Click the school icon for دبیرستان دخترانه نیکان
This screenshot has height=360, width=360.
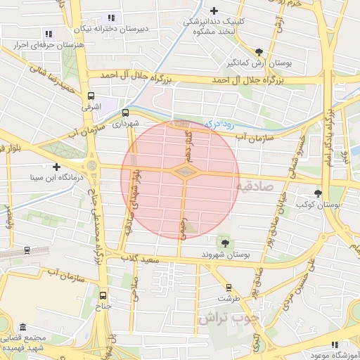(x=110, y=18)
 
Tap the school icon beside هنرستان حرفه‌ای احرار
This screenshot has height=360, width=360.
(x=49, y=33)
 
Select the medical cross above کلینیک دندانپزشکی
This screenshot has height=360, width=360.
(x=214, y=11)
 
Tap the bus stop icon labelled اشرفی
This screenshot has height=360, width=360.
(x=91, y=96)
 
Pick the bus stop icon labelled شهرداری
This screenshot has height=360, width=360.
(x=125, y=112)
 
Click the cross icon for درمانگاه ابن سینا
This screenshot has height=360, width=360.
(x=56, y=167)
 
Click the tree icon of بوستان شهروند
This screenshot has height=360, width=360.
(x=225, y=243)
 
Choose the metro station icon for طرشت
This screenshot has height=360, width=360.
(x=229, y=287)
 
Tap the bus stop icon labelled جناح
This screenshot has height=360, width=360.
(x=103, y=295)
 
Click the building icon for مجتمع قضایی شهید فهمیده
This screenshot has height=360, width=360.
(x=23, y=328)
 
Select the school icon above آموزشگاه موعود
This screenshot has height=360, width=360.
(x=335, y=345)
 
